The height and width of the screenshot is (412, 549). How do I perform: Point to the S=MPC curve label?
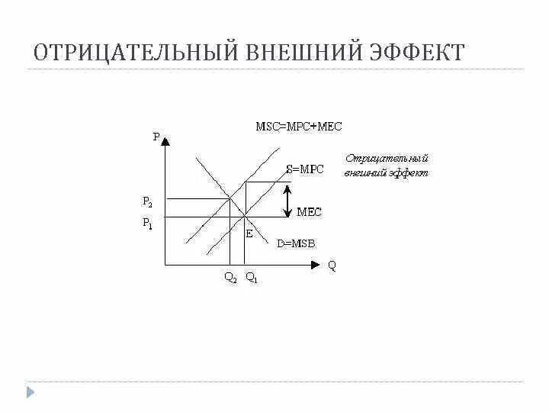point(304,169)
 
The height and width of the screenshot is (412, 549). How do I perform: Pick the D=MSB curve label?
point(295,243)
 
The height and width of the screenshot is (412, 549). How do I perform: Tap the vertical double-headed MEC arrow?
point(286,201)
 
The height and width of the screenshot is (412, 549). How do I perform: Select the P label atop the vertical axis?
point(156,137)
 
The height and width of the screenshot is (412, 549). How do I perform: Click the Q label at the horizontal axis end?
point(332,266)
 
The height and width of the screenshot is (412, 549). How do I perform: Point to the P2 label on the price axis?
point(147,202)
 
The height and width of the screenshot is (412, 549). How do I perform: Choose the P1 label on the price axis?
point(147,224)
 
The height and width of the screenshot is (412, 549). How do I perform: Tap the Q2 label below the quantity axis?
point(230,279)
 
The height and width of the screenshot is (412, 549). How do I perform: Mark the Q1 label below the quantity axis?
point(252,279)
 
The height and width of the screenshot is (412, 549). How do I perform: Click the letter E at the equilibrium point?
point(249,233)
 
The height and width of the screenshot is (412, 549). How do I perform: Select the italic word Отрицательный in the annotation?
point(387,159)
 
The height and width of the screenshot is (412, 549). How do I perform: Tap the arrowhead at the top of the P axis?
point(165,140)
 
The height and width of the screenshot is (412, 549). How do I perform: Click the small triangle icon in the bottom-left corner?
point(30,393)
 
